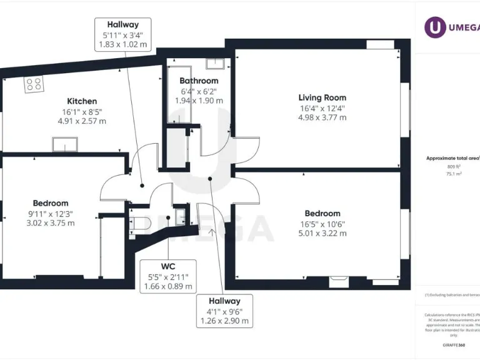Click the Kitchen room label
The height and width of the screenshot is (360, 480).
tap(82, 101)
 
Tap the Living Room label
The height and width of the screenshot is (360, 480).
tap(322, 97)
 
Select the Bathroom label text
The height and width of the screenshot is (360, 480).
tap(199, 81)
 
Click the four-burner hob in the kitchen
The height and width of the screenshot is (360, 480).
tap(34, 84)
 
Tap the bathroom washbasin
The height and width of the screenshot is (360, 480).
tap(216, 62)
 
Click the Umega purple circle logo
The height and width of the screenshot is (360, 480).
tap(435, 27)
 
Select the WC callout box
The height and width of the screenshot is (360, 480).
tap(167, 276)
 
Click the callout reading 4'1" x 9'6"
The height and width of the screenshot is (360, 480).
tap(224, 311)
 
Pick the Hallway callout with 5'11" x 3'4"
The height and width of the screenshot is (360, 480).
tap(122, 35)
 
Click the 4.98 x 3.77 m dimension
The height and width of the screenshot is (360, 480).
tap(322, 117)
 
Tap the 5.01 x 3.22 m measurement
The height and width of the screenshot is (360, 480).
tap(322, 233)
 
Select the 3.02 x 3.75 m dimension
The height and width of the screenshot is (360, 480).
tap(51, 222)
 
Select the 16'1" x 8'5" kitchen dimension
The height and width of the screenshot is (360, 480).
tap(82, 111)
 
